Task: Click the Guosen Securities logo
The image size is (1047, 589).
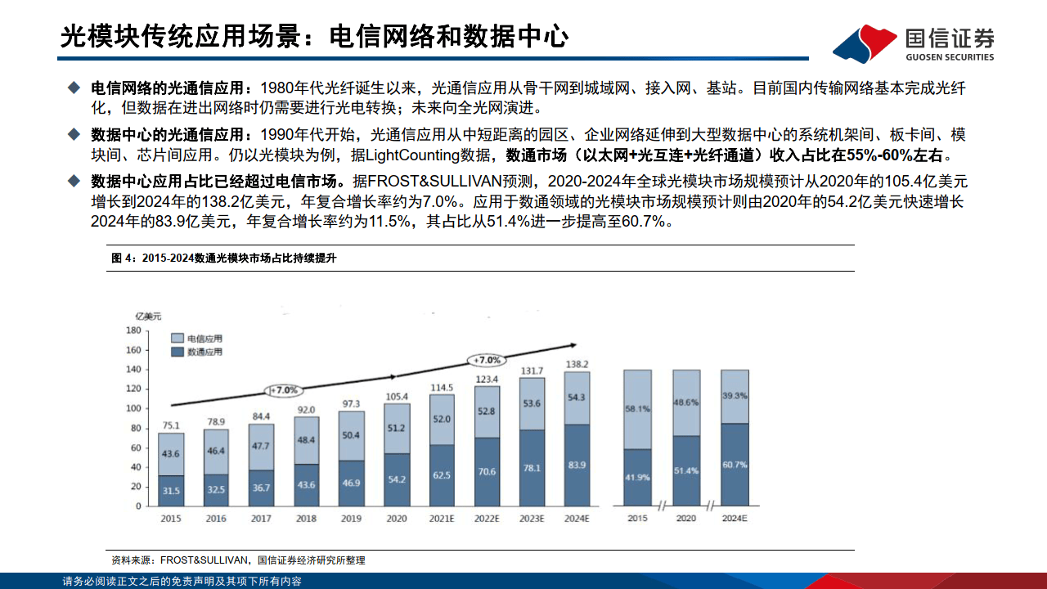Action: click(x=914, y=43)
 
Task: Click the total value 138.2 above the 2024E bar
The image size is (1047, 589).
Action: click(x=577, y=364)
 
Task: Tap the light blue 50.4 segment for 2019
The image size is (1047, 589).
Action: click(x=350, y=435)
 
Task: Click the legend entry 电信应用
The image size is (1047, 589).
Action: click(x=195, y=338)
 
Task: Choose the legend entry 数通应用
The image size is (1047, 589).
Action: click(x=195, y=352)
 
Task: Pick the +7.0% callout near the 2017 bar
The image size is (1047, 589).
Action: click(x=284, y=390)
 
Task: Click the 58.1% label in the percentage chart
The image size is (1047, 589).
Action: click(x=636, y=408)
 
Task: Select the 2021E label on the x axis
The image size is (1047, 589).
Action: click(x=441, y=519)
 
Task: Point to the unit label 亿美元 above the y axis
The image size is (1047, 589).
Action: click(x=148, y=315)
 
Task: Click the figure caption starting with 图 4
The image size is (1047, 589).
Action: click(x=224, y=259)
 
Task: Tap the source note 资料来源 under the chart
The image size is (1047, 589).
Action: click(x=238, y=560)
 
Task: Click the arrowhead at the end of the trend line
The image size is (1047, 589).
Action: click(x=573, y=345)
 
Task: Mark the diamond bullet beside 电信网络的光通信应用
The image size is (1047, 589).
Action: click(x=74, y=87)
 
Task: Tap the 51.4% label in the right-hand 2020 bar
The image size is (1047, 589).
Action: click(x=685, y=472)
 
